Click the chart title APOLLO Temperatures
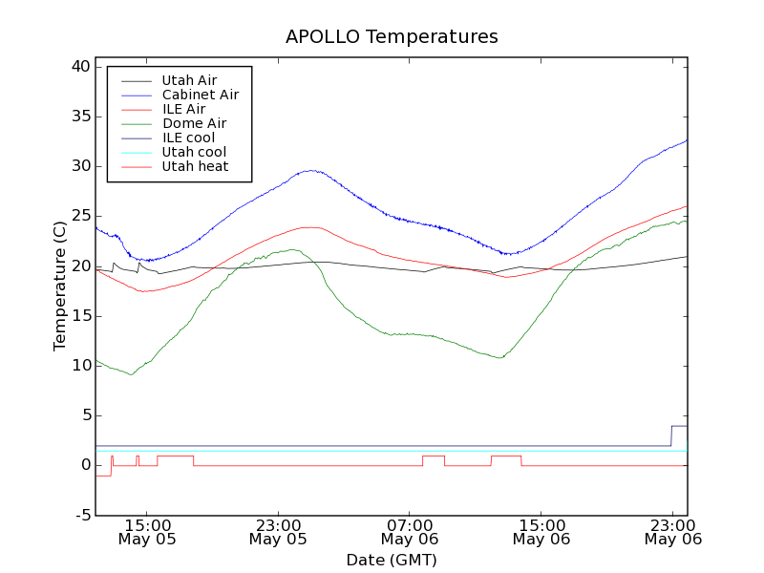(392, 37)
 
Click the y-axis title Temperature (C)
(59, 286)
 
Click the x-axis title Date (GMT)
(392, 560)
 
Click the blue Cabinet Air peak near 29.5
(310, 171)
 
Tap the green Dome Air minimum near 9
(131, 374)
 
